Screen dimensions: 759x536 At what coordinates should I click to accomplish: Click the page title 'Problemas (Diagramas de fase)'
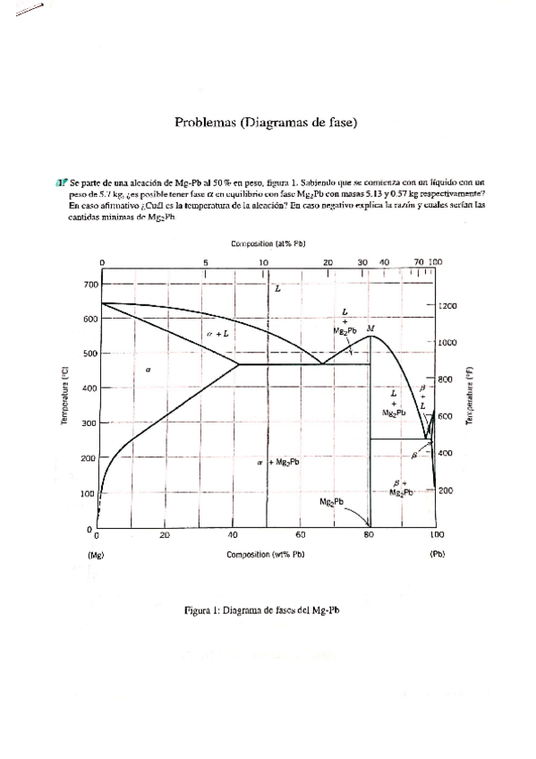266,124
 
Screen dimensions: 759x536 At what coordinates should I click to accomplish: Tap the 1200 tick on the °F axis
449,305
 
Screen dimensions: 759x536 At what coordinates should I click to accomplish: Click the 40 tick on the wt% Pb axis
233,534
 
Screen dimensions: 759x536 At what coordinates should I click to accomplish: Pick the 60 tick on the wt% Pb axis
301,534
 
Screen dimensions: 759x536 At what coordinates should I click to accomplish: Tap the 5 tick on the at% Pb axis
205,262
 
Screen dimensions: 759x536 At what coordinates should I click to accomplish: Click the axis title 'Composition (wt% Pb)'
266,555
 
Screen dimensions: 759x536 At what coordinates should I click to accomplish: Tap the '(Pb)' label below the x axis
437,555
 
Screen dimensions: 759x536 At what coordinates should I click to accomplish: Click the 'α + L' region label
217,333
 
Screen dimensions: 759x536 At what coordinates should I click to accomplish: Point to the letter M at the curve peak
370,328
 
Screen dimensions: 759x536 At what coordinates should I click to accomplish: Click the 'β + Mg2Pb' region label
399,488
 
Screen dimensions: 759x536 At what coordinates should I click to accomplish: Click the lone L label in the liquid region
277,289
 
